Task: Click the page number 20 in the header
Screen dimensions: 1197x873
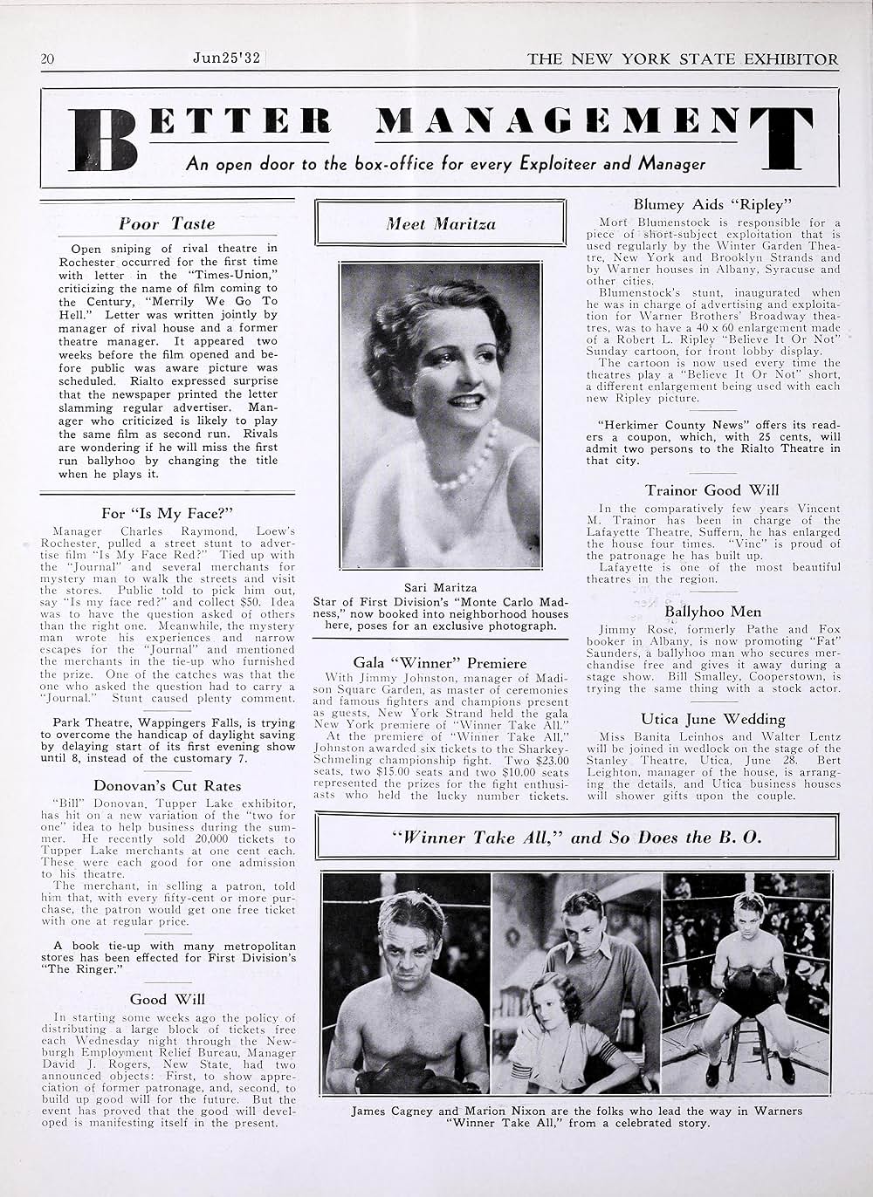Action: (48, 59)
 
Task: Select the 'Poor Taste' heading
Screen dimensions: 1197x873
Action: (167, 223)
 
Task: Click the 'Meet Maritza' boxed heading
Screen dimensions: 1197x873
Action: (441, 224)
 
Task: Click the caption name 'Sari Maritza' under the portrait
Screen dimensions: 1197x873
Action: (440, 587)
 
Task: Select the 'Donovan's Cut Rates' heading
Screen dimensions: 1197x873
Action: (167, 785)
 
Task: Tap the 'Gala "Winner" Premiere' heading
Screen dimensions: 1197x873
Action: (440, 663)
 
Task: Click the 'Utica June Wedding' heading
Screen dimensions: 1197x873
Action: (713, 719)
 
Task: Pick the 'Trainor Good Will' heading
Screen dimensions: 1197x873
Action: (712, 490)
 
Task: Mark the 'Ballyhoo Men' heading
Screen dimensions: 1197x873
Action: (713, 612)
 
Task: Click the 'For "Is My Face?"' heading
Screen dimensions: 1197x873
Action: (166, 513)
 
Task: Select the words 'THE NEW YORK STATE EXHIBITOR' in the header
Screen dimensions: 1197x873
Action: (683, 59)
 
